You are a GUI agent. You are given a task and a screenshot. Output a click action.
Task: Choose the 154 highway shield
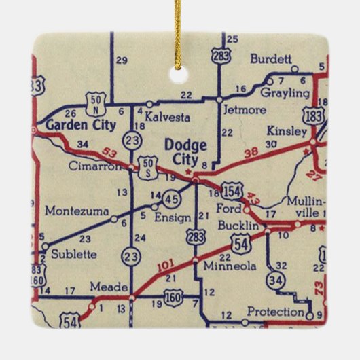click(232, 192)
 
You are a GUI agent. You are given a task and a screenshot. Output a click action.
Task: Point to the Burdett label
click(270, 59)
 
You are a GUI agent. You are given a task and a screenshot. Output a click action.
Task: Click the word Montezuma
click(76, 211)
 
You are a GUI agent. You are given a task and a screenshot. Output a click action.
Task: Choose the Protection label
click(275, 312)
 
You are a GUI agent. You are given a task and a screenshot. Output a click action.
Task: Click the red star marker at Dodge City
click(195, 181)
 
